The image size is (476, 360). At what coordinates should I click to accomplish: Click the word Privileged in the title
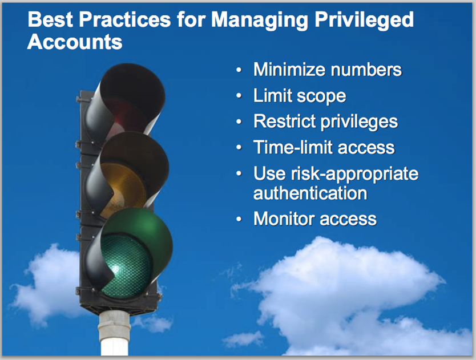[x=364, y=20]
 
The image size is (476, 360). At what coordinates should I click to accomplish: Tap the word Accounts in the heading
[x=75, y=42]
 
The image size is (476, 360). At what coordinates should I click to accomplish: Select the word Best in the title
[x=50, y=19]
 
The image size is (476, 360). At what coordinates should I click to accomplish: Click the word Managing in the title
[x=260, y=21]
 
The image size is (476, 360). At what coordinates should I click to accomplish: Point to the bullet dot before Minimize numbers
[x=239, y=70]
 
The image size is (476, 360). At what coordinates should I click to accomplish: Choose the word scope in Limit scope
[x=321, y=96]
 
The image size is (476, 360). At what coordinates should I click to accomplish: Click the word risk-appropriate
[x=354, y=174]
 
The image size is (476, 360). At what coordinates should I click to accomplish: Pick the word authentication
[x=310, y=193]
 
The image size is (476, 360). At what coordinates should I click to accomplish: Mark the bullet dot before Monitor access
[x=239, y=219]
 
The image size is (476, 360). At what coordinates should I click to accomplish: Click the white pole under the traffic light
[x=114, y=334]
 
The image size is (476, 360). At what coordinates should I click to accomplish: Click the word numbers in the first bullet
[x=366, y=70]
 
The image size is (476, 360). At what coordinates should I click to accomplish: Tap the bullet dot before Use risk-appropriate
[x=239, y=173]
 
